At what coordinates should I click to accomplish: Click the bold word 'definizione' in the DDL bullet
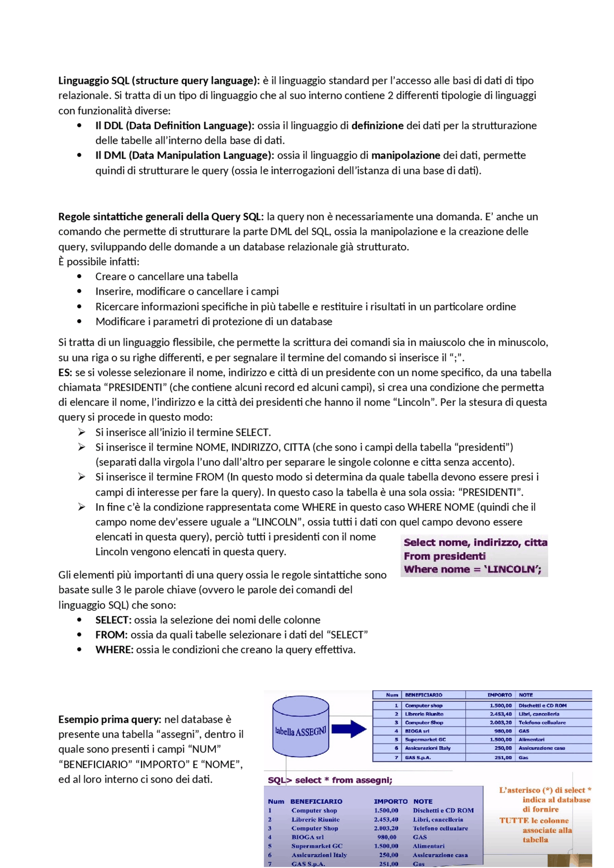pos(377,126)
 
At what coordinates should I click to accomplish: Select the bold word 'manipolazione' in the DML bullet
pos(405,155)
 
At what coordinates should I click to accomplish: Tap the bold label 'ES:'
pos(65,372)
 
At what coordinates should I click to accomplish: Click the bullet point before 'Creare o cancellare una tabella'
pos(79,277)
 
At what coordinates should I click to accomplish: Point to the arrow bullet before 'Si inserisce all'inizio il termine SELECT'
pos(82,432)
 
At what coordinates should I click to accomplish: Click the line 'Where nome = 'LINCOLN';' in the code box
pos(472,569)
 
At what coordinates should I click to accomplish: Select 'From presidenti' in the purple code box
pos(444,556)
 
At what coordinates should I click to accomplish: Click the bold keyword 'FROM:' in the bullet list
pos(111,635)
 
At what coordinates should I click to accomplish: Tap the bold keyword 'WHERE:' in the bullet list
pos(114,649)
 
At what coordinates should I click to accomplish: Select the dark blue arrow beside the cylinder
pos(349,729)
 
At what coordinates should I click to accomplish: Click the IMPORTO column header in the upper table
pos(499,695)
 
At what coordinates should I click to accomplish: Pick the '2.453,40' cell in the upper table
pos(500,714)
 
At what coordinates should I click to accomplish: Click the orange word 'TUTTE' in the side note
pos(513,821)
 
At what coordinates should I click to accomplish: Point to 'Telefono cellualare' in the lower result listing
pos(440,828)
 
